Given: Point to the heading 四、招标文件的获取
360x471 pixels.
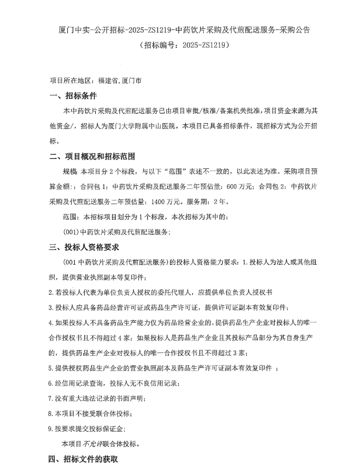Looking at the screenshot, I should [84, 459].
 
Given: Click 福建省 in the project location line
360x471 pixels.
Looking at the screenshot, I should [108, 82].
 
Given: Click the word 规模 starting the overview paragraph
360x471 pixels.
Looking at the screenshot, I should [69, 172].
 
